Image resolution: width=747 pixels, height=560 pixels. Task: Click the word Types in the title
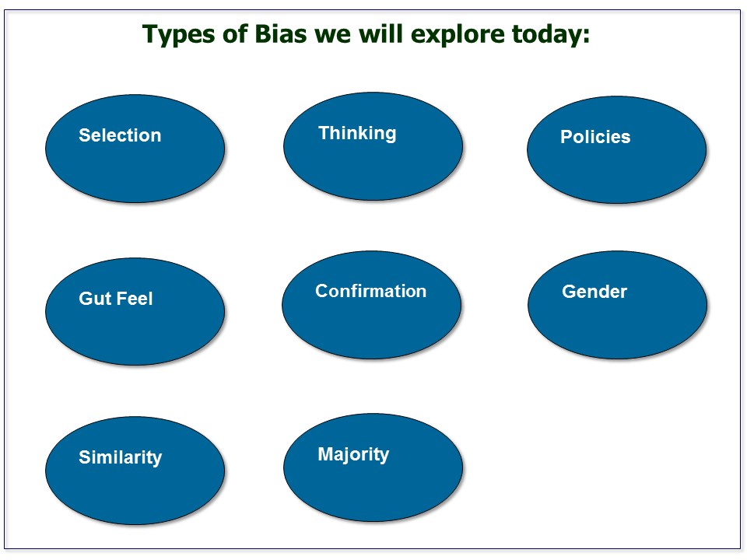175,35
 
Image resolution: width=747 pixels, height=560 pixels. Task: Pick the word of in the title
226,34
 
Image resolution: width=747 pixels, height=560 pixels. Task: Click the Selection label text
120,135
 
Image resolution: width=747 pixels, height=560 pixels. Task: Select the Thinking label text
357,134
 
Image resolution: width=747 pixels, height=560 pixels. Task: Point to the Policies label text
595,138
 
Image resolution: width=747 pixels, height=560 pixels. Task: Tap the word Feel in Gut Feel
134,299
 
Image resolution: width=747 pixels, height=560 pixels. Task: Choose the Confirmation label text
370,291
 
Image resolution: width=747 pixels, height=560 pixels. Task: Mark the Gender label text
594,292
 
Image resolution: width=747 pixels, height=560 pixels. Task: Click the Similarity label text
120,457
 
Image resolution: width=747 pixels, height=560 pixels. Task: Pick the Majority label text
353,454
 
